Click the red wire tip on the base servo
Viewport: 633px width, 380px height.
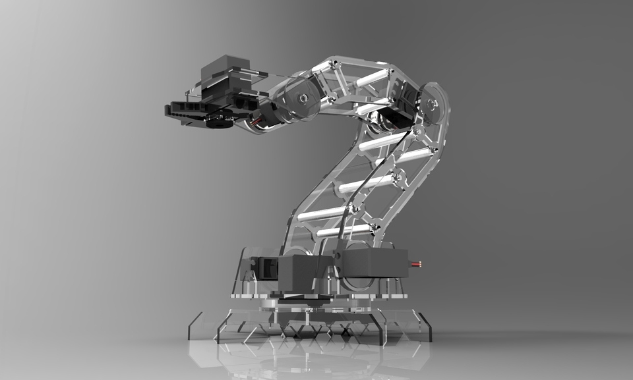(x=416, y=265)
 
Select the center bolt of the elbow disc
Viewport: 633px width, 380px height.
(x=303, y=99)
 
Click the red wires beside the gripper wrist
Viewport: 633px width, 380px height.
(x=255, y=121)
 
